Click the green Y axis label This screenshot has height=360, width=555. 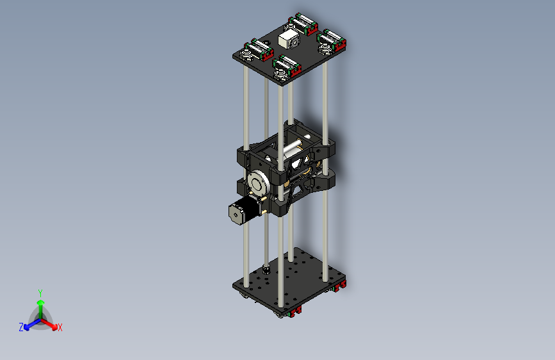click(x=40, y=291)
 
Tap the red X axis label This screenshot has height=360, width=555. click(x=60, y=327)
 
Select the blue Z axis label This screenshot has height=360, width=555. click(x=21, y=327)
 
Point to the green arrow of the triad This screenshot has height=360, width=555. click(x=40, y=304)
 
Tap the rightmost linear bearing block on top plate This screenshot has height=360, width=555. click(x=332, y=41)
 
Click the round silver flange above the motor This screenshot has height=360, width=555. click(x=260, y=183)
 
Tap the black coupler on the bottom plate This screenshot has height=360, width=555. click(x=266, y=269)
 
